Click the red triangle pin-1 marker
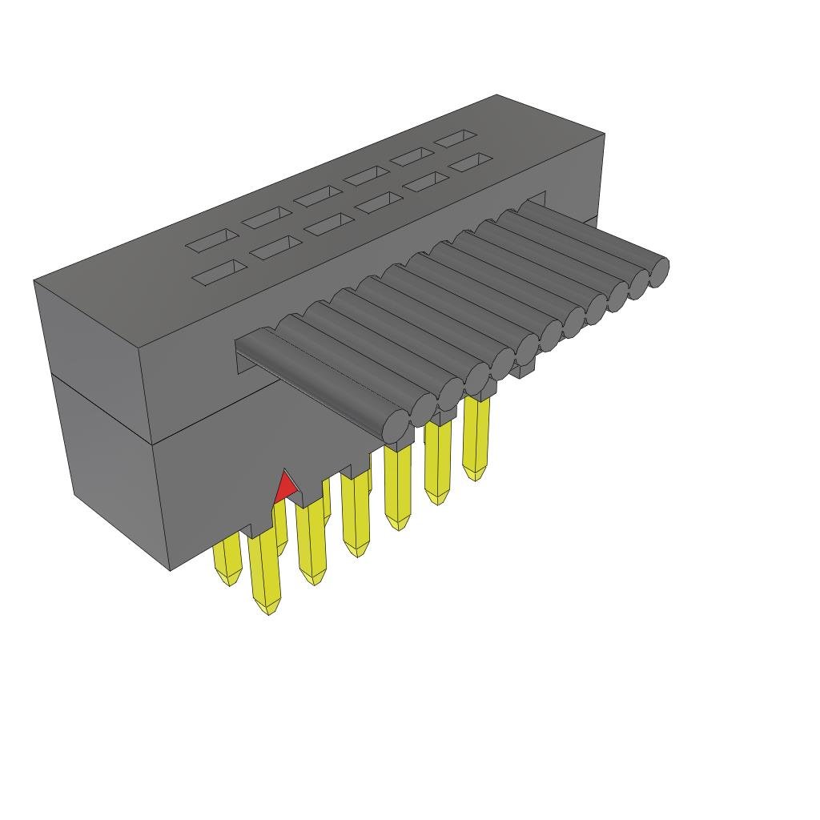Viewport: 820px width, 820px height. tap(285, 489)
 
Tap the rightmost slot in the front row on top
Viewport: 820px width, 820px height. tap(469, 162)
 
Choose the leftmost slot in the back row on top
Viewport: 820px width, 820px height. tap(212, 239)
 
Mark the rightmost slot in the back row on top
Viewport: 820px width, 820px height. tap(455, 139)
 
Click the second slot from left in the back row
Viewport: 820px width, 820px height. tap(267, 216)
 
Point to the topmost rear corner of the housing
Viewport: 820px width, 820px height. tap(496, 95)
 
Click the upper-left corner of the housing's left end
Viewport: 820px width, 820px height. tap(34, 281)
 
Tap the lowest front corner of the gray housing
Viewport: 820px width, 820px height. tap(171, 569)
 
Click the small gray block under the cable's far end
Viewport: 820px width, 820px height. tap(524, 370)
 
